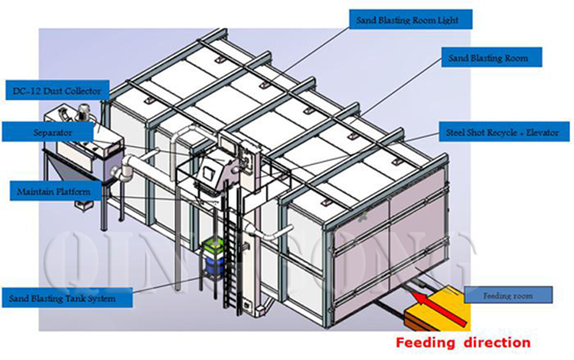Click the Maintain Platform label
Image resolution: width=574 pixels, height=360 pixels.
click(53, 191)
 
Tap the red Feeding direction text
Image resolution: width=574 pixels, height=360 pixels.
click(462, 342)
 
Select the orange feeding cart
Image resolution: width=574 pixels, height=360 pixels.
click(444, 308)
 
